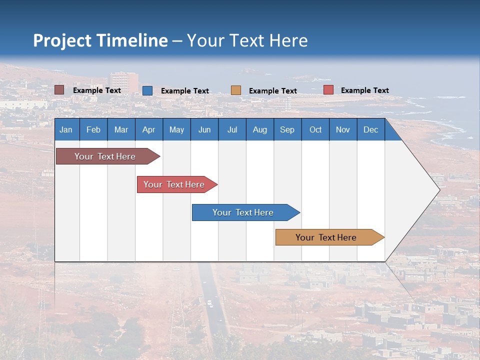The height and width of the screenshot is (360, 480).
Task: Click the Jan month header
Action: pyautogui.click(x=66, y=129)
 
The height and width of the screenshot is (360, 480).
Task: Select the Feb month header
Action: pyautogui.click(x=93, y=129)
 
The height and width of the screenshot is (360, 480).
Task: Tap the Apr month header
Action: pyautogui.click(x=148, y=129)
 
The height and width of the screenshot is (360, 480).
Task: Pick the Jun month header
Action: pyautogui.click(x=204, y=129)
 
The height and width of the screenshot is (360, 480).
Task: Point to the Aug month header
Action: pyautogui.click(x=259, y=129)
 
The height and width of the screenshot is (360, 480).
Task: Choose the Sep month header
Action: pyautogui.click(x=287, y=129)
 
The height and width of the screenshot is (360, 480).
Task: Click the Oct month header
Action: pyautogui.click(x=315, y=129)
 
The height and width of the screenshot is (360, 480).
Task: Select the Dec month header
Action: pyautogui.click(x=370, y=129)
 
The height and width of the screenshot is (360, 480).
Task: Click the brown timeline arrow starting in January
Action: pyautogui.click(x=105, y=156)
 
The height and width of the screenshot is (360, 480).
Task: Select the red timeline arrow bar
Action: pyautogui.click(x=174, y=184)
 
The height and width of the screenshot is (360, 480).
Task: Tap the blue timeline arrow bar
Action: pyautogui.click(x=243, y=212)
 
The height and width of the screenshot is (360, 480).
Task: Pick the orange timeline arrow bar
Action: pyautogui.click(x=326, y=237)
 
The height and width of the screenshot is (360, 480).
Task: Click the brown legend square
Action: pyautogui.click(x=59, y=90)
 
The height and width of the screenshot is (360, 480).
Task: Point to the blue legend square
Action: pyautogui.click(x=147, y=90)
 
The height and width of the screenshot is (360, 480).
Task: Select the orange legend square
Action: pyautogui.click(x=236, y=90)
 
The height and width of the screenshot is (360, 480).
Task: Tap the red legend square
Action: pyautogui.click(x=328, y=90)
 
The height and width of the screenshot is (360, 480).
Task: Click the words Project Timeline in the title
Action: pyautogui.click(x=100, y=40)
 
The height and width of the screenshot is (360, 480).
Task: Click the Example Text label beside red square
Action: pyautogui.click(x=364, y=90)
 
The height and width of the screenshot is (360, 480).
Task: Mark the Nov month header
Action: pyautogui.click(x=342, y=129)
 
